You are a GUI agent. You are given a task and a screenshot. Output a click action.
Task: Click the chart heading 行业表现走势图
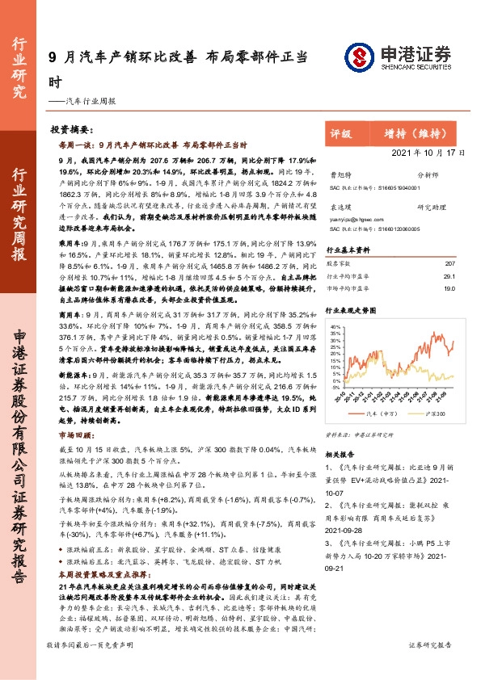coord(351,309)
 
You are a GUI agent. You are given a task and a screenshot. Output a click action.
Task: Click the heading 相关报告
coord(340,455)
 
